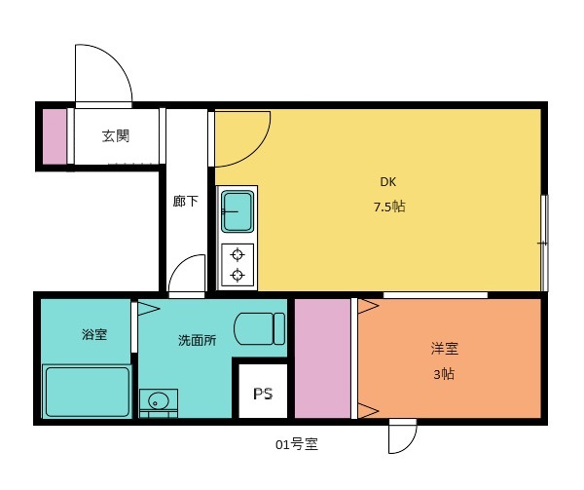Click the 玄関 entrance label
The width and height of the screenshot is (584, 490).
click(x=116, y=136)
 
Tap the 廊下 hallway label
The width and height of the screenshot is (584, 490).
click(x=185, y=202)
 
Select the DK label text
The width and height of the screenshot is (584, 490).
click(x=388, y=181)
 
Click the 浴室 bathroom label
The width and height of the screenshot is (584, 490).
click(x=94, y=335)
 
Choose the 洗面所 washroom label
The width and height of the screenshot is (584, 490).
click(x=197, y=341)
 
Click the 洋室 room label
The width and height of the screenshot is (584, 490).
click(x=445, y=348)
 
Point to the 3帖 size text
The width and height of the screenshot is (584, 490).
click(x=443, y=374)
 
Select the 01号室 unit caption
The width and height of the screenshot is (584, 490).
click(x=297, y=446)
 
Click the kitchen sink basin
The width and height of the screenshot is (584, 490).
click(x=237, y=211)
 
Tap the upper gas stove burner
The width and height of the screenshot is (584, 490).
click(x=237, y=255)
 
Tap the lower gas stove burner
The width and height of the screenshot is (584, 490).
click(x=237, y=276)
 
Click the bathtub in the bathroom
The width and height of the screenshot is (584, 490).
click(x=88, y=392)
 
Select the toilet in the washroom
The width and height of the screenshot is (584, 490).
click(x=260, y=328)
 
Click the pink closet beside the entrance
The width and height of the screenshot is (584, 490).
click(x=55, y=135)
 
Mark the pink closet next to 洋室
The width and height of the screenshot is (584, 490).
click(x=322, y=358)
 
